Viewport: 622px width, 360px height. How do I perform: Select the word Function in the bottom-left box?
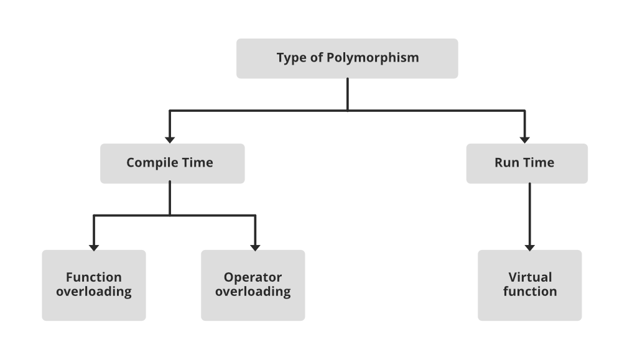[x=94, y=277]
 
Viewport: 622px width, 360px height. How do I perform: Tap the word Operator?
[x=253, y=277]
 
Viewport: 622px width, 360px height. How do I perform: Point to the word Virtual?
[x=530, y=277]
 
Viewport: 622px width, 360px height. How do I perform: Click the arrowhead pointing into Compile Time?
[x=170, y=139]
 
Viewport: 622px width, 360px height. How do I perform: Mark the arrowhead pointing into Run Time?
[x=524, y=139]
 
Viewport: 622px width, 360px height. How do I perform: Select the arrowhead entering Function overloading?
[x=94, y=247]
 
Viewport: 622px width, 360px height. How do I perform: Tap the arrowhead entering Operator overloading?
[x=255, y=247]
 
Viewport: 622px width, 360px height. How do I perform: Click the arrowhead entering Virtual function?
[x=530, y=247]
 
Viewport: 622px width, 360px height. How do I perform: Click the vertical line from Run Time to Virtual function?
[x=530, y=211]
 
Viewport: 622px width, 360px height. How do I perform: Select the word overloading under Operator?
[x=253, y=292]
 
